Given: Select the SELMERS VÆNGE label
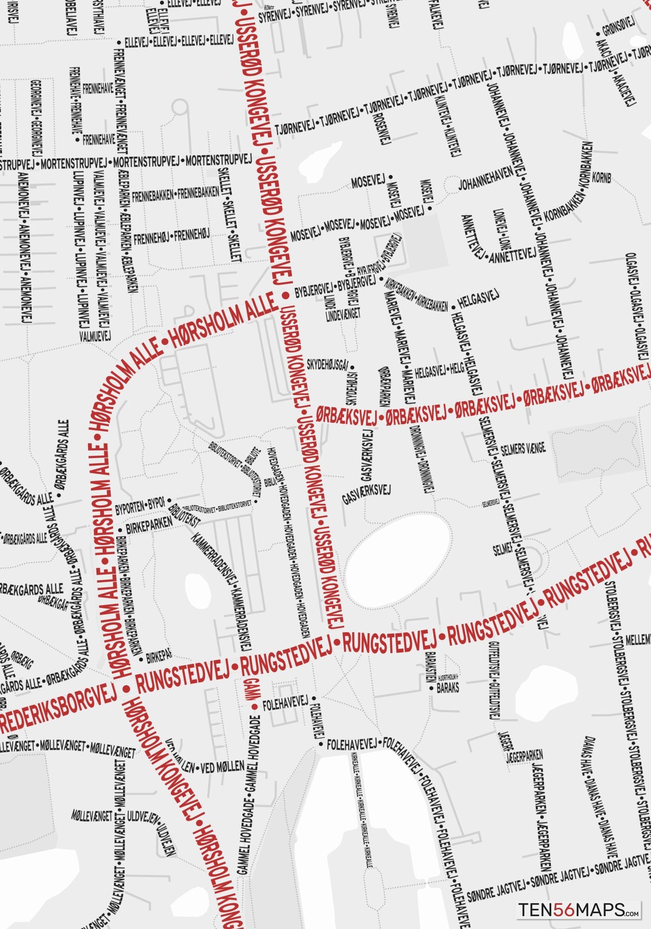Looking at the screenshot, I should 523,449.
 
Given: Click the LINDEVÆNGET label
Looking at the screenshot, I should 343,315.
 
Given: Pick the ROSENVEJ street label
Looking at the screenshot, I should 382,127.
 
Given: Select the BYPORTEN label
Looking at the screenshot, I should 130,507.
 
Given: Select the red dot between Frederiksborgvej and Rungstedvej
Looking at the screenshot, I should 125,689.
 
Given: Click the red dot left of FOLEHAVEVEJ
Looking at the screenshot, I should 254,707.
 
